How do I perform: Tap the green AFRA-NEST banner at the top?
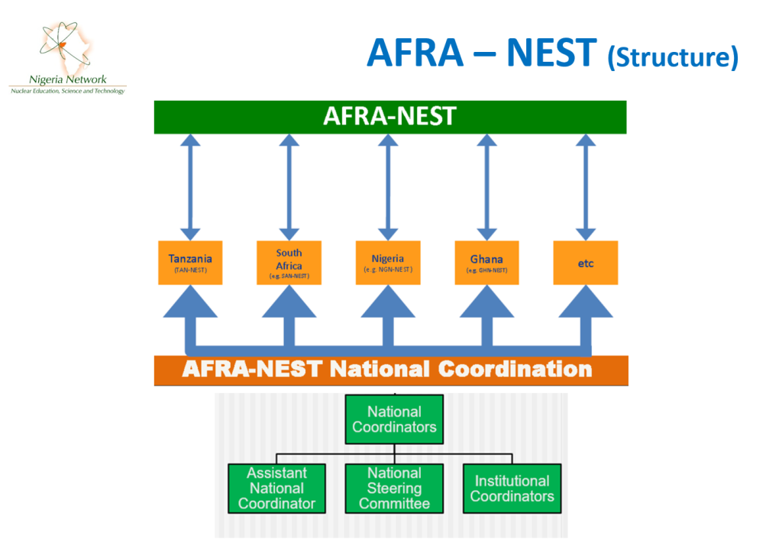tap(390, 117)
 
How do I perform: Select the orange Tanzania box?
tap(190, 263)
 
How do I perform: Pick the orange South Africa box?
tap(289, 263)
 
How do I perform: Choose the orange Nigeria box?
tap(388, 263)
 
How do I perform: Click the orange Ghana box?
tap(486, 263)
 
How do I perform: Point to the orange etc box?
tap(586, 263)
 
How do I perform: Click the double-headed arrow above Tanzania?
tap(190, 187)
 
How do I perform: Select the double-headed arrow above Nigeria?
tap(388, 187)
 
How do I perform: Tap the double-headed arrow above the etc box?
tap(586, 187)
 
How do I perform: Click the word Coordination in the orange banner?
tap(515, 370)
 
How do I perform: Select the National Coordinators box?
tap(394, 419)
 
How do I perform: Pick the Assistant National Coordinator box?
tap(276, 489)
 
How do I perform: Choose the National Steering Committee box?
tap(394, 489)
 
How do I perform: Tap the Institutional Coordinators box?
tap(512, 489)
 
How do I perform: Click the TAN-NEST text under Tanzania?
tap(190, 270)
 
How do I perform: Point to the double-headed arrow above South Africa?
tap(289, 187)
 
